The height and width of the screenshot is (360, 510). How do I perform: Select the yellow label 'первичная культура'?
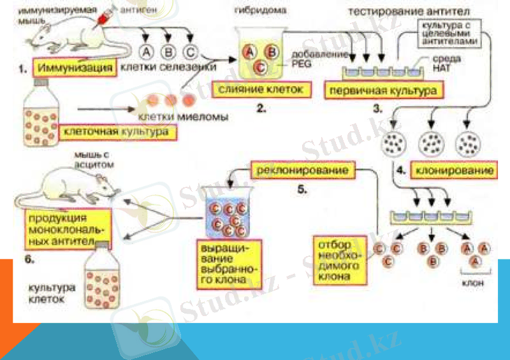(x=382, y=89)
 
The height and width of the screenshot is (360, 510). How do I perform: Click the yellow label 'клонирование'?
(x=455, y=171)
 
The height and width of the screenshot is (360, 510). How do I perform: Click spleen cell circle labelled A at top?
(x=147, y=51)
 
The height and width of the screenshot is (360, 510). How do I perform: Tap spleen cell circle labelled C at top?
(x=190, y=51)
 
